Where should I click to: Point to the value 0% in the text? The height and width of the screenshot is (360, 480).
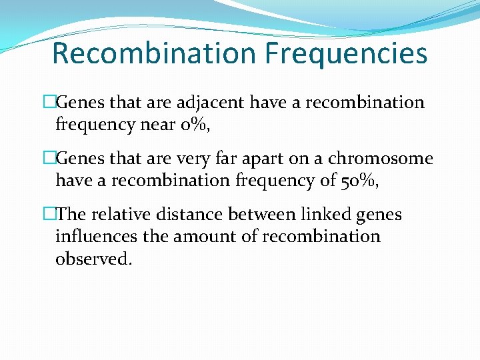[178, 123]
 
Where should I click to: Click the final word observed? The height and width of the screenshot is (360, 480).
[93, 258]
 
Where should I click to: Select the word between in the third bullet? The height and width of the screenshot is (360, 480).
[259, 215]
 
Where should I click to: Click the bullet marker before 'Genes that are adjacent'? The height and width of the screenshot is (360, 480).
[49, 103]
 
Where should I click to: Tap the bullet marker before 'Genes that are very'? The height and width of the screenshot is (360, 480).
[49, 159]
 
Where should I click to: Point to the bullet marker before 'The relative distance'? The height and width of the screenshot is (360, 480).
[49, 215]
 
